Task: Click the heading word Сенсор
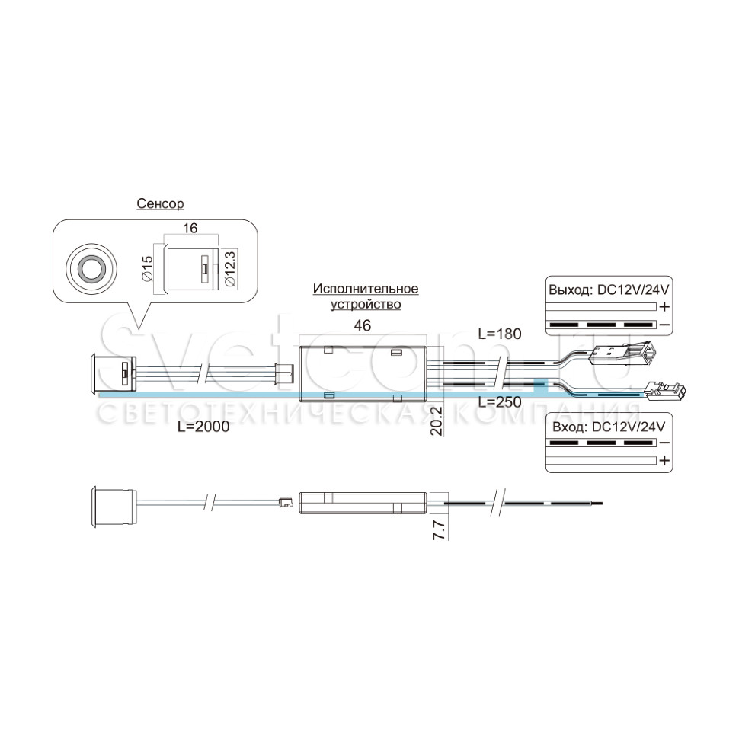click(160, 203)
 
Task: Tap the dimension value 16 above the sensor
click(190, 228)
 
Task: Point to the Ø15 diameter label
click(147, 269)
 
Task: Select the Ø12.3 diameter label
click(231, 267)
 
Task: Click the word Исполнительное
click(366, 289)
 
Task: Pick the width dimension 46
click(362, 325)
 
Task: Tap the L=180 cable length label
click(500, 334)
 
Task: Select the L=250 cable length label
click(500, 402)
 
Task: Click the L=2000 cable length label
click(203, 427)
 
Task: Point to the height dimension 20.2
click(437, 421)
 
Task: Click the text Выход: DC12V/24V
click(609, 290)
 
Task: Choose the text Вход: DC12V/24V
click(609, 427)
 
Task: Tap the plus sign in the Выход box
click(664, 307)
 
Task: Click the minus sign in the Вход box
click(664, 443)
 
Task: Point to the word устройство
click(366, 305)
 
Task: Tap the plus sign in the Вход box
click(664, 460)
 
